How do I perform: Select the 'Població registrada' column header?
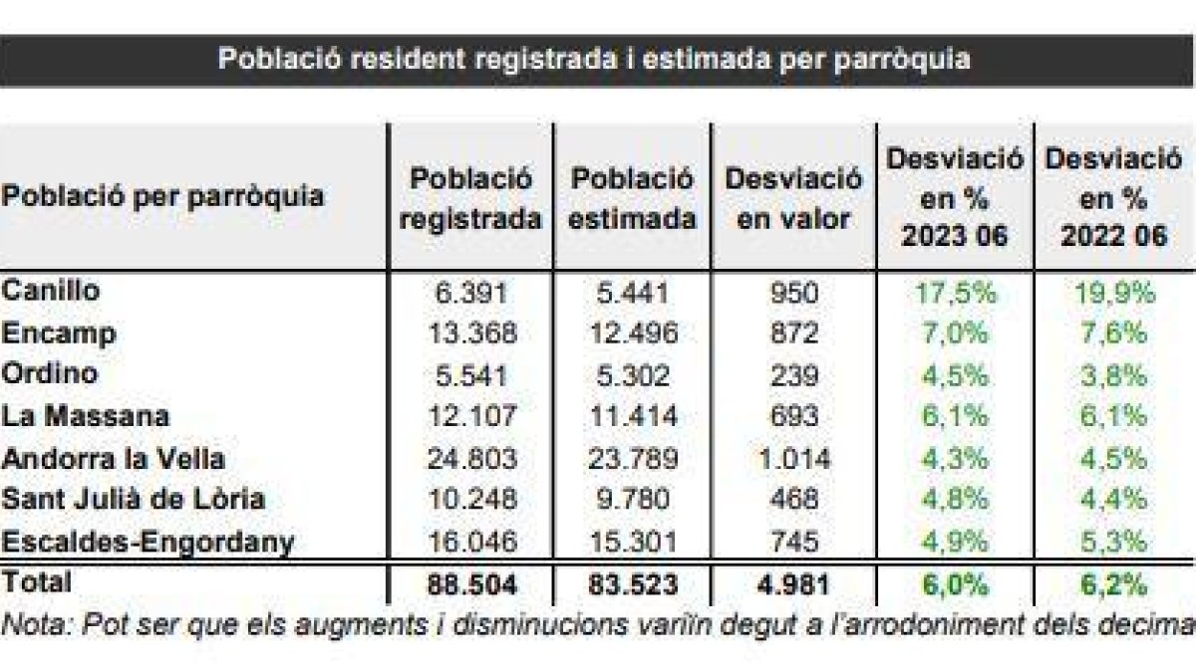pyautogui.click(x=470, y=199)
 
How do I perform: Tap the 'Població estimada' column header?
pyautogui.click(x=632, y=199)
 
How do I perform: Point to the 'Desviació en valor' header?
pyautogui.click(x=793, y=199)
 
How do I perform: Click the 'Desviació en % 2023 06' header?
pyautogui.click(x=955, y=197)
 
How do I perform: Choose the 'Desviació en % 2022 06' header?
pyautogui.click(x=1113, y=197)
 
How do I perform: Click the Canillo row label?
pyautogui.click(x=51, y=291)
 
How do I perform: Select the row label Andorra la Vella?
pyautogui.click(x=113, y=459)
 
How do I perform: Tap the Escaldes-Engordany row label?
pyautogui.click(x=149, y=543)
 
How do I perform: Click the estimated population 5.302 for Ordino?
pyautogui.click(x=632, y=375)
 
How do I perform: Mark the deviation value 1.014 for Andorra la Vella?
pyautogui.click(x=793, y=459)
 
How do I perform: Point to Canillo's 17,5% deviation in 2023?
pyautogui.click(x=955, y=292)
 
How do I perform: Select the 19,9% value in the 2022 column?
pyautogui.click(x=1113, y=292)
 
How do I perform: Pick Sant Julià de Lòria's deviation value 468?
pyautogui.click(x=793, y=501)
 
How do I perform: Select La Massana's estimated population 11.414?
pyautogui.click(x=632, y=417)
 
